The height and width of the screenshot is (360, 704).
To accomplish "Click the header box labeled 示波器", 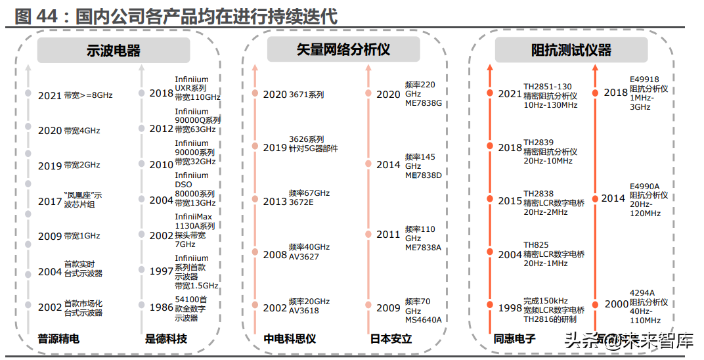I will pos(114,51).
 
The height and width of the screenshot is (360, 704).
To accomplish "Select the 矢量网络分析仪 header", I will pos(343,51).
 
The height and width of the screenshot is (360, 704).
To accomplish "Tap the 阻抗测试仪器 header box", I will pos(571,51).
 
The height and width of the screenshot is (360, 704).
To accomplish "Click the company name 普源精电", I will pos(58,339).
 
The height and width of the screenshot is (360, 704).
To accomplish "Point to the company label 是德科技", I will pos(166,339).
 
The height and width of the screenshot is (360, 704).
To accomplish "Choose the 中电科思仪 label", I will pos(290,339).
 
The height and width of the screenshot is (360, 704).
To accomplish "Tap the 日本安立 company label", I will pos(391,339).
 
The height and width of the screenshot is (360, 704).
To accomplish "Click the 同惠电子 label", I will pos(514,339).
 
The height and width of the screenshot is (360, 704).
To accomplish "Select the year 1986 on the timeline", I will pos(161,307).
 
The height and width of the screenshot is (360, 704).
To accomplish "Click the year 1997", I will pos(161,271).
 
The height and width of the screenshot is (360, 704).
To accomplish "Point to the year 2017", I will pos(49,202).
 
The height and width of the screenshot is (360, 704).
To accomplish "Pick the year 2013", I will pos(275,202).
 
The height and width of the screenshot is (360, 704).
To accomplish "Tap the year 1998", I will pos(510,307).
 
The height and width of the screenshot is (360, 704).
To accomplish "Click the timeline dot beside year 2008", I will pos(255,252).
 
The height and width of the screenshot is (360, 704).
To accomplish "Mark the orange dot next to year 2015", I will pos(490,198).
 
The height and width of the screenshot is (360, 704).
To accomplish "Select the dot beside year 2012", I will pos(141,127).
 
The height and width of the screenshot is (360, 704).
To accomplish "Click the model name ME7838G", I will pos(424,104).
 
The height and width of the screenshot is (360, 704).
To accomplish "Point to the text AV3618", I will pos(304,311).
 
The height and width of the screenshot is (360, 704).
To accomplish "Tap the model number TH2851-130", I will pos(547,86).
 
